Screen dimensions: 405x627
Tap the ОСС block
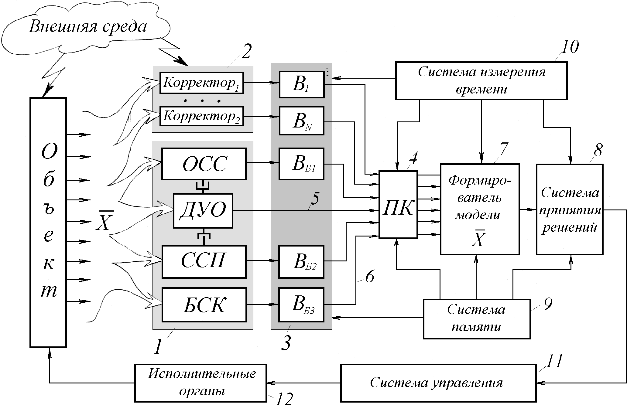204,164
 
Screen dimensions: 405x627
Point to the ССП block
204,261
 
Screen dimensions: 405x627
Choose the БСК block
204,305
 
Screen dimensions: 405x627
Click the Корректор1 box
202,83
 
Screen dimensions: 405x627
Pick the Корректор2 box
202,116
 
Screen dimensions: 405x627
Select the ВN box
302,121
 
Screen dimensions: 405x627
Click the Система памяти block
477,319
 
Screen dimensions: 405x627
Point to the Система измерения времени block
481,80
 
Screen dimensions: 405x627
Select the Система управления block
438,383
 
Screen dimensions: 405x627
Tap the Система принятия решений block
570,209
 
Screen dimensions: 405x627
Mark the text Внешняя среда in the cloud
88,27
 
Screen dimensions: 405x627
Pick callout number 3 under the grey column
286,343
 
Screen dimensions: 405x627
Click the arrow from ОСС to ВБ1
262,163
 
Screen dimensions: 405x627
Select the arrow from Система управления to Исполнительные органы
303,383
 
